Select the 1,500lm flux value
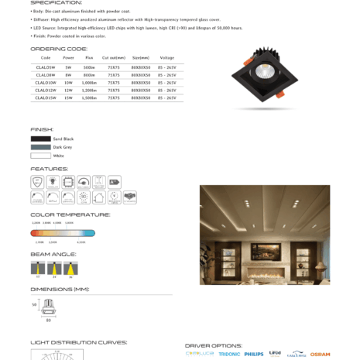click(90, 98)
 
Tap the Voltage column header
click(166, 57)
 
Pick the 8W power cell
click(69, 75)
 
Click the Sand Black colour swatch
click(40, 139)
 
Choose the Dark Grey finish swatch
click(40, 147)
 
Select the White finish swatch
click(40, 156)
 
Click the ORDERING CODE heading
click(59, 48)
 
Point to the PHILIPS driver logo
click(254, 354)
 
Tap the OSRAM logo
click(320, 354)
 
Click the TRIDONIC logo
click(229, 354)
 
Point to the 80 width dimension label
click(48, 319)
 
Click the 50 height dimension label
click(34, 304)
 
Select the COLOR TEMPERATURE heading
click(70, 214)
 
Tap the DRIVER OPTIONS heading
click(213, 345)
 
